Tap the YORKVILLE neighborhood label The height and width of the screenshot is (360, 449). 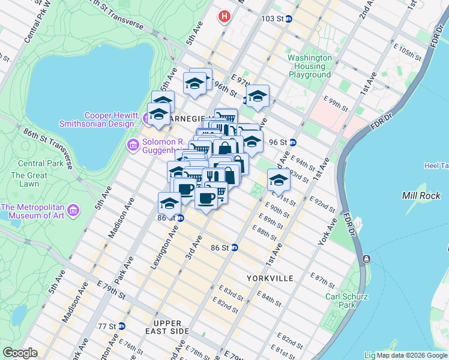click(270, 278)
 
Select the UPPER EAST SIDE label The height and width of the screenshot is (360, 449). click(167, 328)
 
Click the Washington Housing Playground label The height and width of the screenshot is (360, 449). click(310, 66)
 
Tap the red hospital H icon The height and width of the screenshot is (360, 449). click(224, 16)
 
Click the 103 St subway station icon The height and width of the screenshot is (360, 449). click(288, 19)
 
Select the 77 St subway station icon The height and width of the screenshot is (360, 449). click(122, 326)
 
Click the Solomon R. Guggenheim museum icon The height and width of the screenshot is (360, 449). click(132, 145)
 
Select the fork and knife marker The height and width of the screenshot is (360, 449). click(212, 175)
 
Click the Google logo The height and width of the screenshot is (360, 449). click(20, 353)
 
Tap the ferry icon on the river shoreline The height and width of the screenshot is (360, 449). click(366, 258)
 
